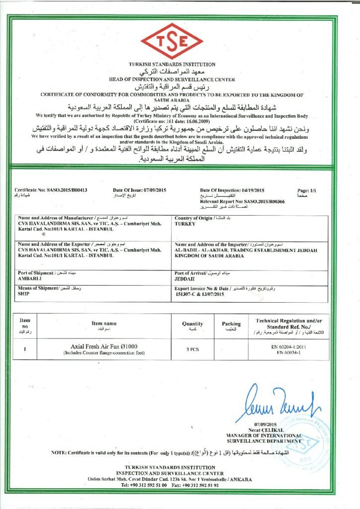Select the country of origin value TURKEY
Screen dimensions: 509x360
point(186,224)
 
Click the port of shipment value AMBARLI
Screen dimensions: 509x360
point(29,279)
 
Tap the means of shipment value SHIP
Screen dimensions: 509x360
point(23,294)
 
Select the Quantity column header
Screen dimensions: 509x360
point(192,324)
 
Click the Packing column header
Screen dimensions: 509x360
point(231,324)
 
